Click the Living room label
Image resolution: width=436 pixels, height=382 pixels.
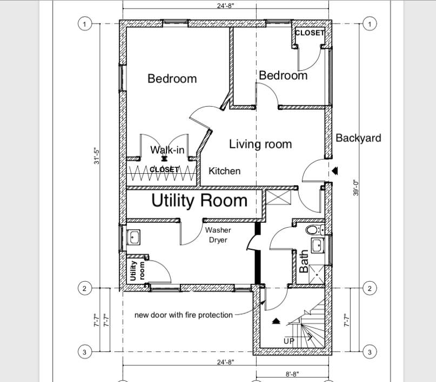(x=260, y=145)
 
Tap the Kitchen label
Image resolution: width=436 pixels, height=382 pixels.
(x=224, y=171)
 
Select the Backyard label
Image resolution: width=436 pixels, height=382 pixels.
(x=358, y=138)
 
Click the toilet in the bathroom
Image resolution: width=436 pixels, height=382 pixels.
(x=315, y=230)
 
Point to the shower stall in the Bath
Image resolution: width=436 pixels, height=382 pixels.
(x=317, y=274)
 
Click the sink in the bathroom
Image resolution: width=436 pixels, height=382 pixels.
(x=318, y=245)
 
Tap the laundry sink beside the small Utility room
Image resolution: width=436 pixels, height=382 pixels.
(x=133, y=237)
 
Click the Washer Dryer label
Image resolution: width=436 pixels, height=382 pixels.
(x=218, y=235)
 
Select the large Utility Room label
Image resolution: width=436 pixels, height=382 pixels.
(x=199, y=200)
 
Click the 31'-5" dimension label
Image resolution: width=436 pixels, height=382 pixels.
(x=97, y=156)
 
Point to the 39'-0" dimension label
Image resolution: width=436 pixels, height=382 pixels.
(x=356, y=187)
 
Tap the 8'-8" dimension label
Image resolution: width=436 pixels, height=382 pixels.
(x=292, y=374)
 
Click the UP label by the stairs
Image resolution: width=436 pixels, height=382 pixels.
(x=289, y=341)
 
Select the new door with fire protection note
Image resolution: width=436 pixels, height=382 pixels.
(x=184, y=315)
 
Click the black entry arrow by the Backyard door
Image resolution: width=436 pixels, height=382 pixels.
(x=335, y=170)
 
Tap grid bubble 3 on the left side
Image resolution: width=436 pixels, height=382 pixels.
(x=84, y=352)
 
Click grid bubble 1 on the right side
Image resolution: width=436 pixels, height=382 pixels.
(x=370, y=24)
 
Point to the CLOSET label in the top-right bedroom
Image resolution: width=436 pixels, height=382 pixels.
(x=310, y=33)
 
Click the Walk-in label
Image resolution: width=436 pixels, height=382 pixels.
(x=167, y=150)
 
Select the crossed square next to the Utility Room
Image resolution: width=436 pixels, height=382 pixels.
(x=278, y=197)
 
